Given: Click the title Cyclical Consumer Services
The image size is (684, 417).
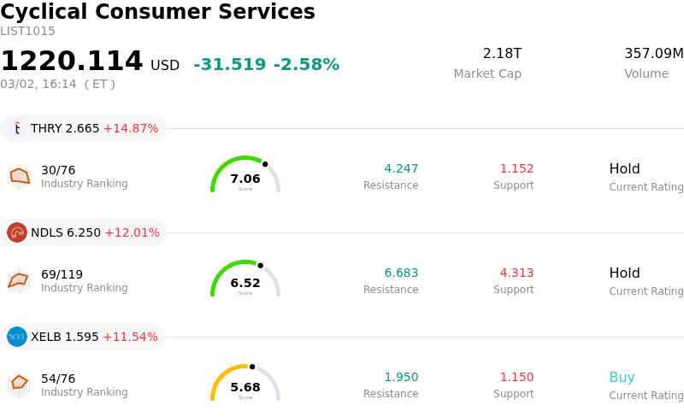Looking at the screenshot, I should point(157,13).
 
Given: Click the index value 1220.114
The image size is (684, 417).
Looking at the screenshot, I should point(72,62).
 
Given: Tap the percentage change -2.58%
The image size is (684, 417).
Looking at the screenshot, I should point(306,65).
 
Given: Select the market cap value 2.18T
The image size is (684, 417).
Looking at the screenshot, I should point(502,54).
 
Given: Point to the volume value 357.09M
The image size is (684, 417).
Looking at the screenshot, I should point(653,54).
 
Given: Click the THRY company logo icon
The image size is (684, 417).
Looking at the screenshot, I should point(17,128).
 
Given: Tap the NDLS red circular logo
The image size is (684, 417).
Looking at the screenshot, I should point(17,232).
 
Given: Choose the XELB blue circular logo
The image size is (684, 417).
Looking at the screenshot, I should point(17,337).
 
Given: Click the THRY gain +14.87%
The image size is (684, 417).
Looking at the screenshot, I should point(131,128).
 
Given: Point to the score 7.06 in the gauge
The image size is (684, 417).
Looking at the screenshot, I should point(245,179).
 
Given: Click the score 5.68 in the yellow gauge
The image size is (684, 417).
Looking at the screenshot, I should point(245,387).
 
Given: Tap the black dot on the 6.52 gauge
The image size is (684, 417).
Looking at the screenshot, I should point(260,265).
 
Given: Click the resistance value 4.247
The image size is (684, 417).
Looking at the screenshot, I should point(401,168).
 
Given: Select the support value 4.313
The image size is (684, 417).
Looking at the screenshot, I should point(516,273).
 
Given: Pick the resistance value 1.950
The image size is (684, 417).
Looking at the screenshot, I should point(401,377).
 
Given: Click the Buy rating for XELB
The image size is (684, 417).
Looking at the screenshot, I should point(622,377).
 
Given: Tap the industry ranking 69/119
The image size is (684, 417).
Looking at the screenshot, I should point(62,274).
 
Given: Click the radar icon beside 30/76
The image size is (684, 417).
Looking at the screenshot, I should point(19,176).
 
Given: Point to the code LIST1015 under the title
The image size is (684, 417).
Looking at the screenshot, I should point(27,32).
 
